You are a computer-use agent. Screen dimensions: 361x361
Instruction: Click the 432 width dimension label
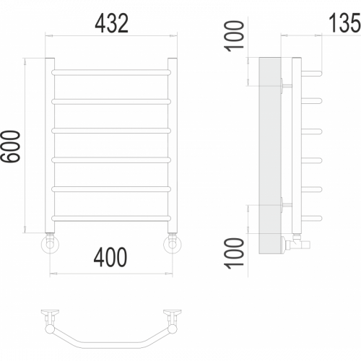[112, 23]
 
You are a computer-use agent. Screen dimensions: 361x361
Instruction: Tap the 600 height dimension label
[11, 146]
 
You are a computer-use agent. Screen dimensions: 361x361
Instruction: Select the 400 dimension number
[110, 257]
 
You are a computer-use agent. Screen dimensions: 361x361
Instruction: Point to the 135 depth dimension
[344, 22]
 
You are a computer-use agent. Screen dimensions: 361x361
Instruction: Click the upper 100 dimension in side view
[234, 36]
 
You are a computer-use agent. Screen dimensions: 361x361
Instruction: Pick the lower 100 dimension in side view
[234, 253]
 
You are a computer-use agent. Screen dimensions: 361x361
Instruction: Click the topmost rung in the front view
[111, 72]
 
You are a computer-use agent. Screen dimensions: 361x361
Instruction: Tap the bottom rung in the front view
[111, 218]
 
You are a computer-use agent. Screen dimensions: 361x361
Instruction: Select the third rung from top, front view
[111, 131]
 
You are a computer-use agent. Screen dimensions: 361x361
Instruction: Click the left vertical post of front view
[50, 145]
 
